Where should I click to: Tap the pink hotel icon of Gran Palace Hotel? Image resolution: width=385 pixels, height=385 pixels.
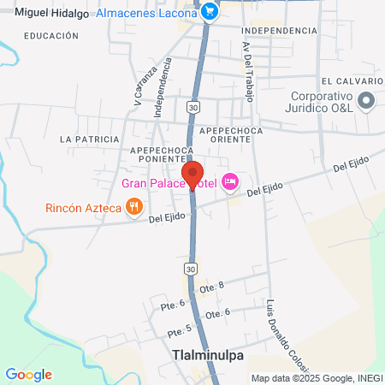229,182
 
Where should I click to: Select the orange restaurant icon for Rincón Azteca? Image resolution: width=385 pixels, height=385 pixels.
133,206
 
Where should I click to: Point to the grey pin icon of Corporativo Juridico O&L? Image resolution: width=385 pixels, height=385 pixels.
366,101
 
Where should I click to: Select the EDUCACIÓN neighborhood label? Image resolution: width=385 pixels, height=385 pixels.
51,36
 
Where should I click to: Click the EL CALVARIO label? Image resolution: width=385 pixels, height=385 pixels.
351,81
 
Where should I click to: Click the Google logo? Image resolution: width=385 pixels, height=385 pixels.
28,375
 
